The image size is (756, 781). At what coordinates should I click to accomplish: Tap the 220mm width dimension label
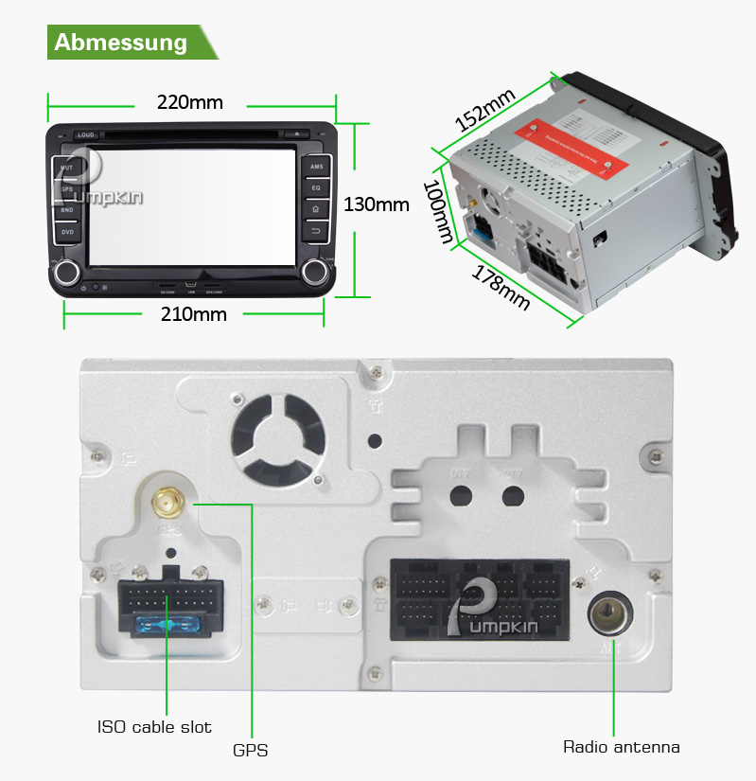[189, 102]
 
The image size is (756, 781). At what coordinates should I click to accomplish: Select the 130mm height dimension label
[376, 204]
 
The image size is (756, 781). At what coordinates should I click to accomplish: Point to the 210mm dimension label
[193, 314]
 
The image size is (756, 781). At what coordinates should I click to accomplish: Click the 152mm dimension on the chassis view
[484, 110]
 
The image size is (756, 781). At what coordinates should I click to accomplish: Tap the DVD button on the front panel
[67, 231]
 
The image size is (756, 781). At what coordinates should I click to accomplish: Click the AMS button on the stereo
[316, 167]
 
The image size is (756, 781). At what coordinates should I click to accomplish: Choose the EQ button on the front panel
[316, 188]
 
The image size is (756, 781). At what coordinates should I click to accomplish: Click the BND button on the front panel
[67, 210]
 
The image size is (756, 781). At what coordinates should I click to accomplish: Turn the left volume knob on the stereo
[68, 274]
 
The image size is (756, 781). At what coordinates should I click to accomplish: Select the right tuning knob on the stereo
[314, 274]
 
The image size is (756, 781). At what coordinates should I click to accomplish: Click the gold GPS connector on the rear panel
[167, 501]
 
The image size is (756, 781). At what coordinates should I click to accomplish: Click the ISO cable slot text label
[154, 727]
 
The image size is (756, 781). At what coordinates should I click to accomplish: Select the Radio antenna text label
[621, 747]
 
